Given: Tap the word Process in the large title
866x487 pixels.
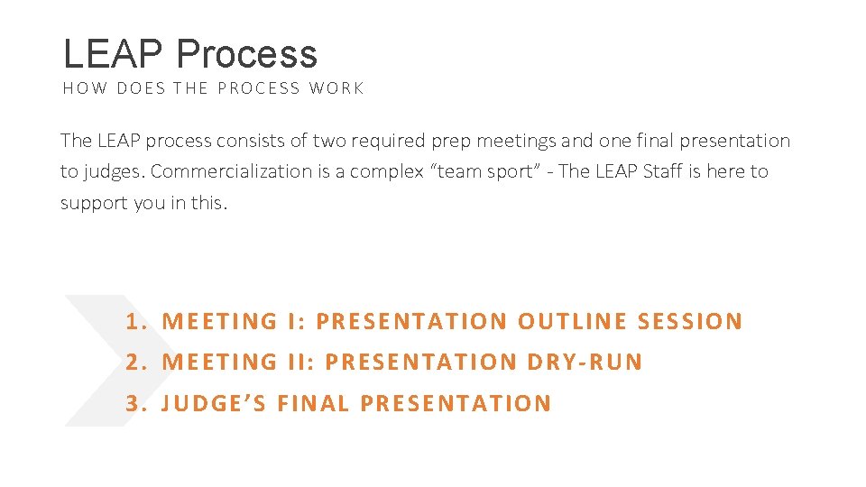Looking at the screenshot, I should (246, 54).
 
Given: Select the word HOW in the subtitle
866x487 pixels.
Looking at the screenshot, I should (85, 88).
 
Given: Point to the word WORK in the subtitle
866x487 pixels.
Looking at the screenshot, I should (336, 88).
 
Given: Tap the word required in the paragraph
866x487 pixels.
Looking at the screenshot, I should (393, 141).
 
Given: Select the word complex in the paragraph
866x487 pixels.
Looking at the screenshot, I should (387, 171).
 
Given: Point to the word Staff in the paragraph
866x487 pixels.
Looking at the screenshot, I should (663, 171).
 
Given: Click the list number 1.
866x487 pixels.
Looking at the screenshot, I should (135, 321).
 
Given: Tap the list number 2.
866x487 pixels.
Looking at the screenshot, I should (135, 362).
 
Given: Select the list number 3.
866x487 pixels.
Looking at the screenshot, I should (135, 403).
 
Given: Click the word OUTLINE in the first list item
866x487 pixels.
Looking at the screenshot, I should (573, 321).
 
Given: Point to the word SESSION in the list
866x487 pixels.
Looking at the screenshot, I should (690, 321).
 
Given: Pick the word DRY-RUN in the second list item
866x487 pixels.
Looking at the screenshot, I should (585, 362).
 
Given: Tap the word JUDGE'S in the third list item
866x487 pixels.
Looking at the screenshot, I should (214, 403).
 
